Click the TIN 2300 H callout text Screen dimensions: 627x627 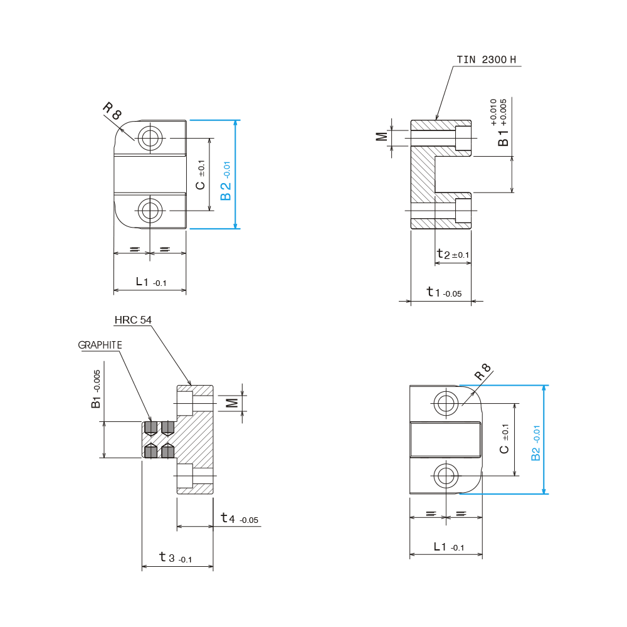(487, 60)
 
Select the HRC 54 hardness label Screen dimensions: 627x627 (133, 320)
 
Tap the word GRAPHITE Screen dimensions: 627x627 (100, 345)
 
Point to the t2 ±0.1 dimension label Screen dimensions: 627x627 (453, 254)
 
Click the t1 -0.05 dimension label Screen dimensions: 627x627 (444, 292)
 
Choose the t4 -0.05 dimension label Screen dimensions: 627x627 (240, 519)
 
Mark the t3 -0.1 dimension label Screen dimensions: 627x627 (176, 557)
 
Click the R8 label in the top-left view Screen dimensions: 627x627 (112, 111)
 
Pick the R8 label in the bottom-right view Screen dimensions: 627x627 (482, 372)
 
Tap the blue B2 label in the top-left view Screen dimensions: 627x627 (226, 181)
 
